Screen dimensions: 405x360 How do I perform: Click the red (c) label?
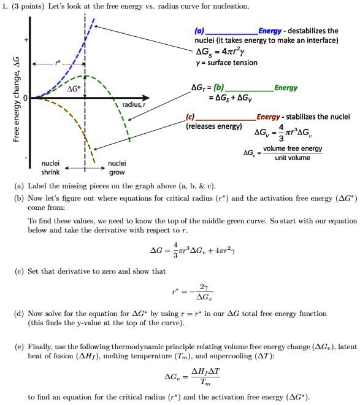[x=191, y=117]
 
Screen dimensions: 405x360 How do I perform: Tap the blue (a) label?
[x=199, y=31]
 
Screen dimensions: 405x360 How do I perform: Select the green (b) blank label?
[x=220, y=88]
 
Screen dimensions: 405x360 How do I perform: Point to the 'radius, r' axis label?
[x=134, y=105]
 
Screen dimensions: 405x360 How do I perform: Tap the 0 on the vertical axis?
[x=25, y=98]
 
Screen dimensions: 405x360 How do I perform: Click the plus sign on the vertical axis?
[x=25, y=40]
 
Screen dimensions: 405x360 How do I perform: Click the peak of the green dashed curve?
[x=85, y=76]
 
